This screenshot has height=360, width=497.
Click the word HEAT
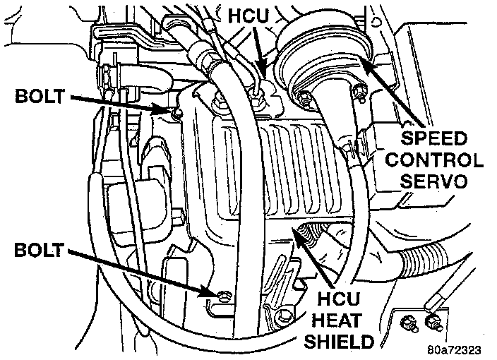coord(340,321)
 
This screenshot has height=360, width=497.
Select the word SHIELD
coord(340,342)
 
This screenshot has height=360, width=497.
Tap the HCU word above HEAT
coord(340,300)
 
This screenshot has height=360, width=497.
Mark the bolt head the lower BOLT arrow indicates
coord(223,294)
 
